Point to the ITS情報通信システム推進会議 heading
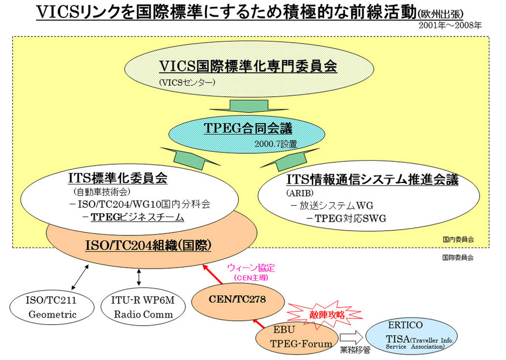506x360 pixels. (372, 179)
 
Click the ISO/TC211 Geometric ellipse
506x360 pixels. (52, 307)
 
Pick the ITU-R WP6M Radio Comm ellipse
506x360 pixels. (143, 307)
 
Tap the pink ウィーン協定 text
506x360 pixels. (251, 268)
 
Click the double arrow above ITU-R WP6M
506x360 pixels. (139, 277)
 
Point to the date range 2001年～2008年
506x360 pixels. (450, 25)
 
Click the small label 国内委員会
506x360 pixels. (458, 240)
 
